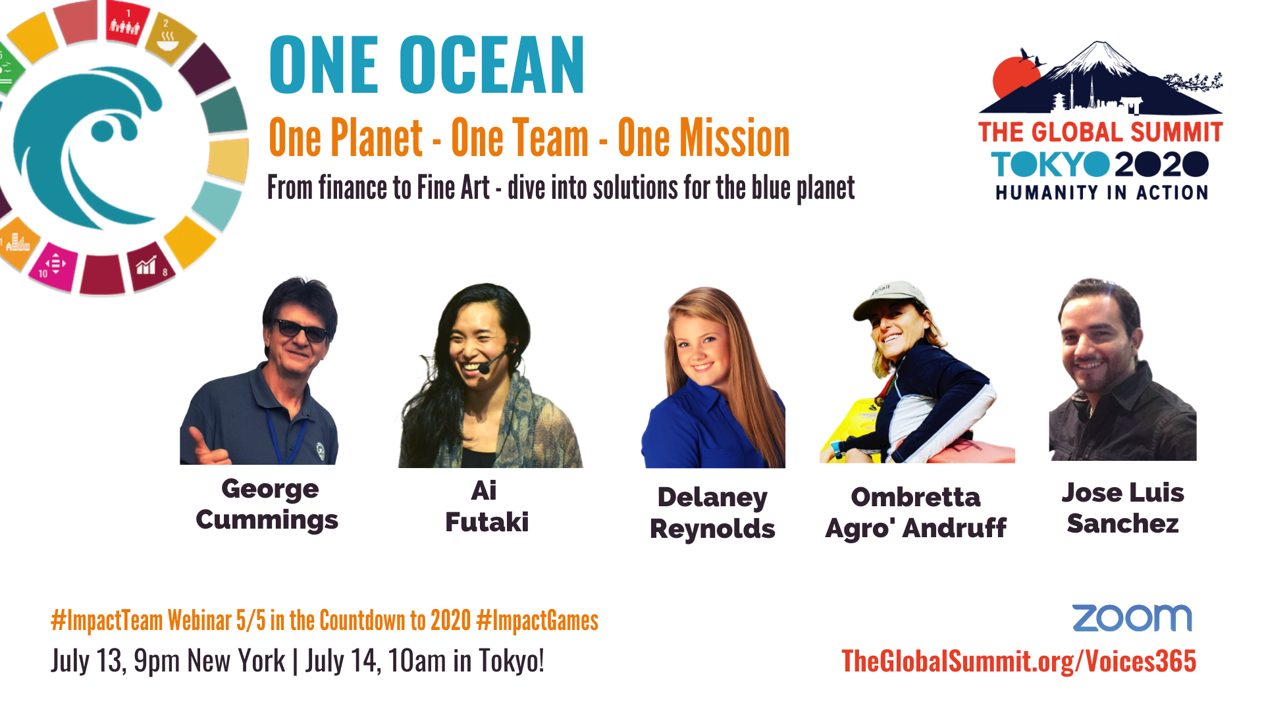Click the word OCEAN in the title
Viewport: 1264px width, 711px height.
pyautogui.click(x=492, y=65)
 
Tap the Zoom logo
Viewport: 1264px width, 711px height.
pyautogui.click(x=1132, y=618)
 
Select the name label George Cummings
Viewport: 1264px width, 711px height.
pyautogui.click(x=267, y=504)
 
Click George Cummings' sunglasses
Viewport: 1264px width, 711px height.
pyautogui.click(x=300, y=329)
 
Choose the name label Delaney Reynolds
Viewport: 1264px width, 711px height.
pyautogui.click(x=712, y=513)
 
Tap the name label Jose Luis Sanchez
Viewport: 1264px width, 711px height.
pyautogui.click(x=1123, y=508)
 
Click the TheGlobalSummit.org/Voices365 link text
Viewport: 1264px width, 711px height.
pyautogui.click(x=1018, y=661)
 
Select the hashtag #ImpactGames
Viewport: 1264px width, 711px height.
pyautogui.click(x=537, y=621)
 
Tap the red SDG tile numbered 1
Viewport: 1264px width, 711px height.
pyautogui.click(x=127, y=23)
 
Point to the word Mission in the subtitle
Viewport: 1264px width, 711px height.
pyautogui.click(x=704, y=138)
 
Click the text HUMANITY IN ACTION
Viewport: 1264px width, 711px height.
pyautogui.click(x=1101, y=192)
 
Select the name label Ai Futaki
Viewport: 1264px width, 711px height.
pyautogui.click(x=487, y=506)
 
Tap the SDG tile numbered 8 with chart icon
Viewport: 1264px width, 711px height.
pyautogui.click(x=150, y=267)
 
